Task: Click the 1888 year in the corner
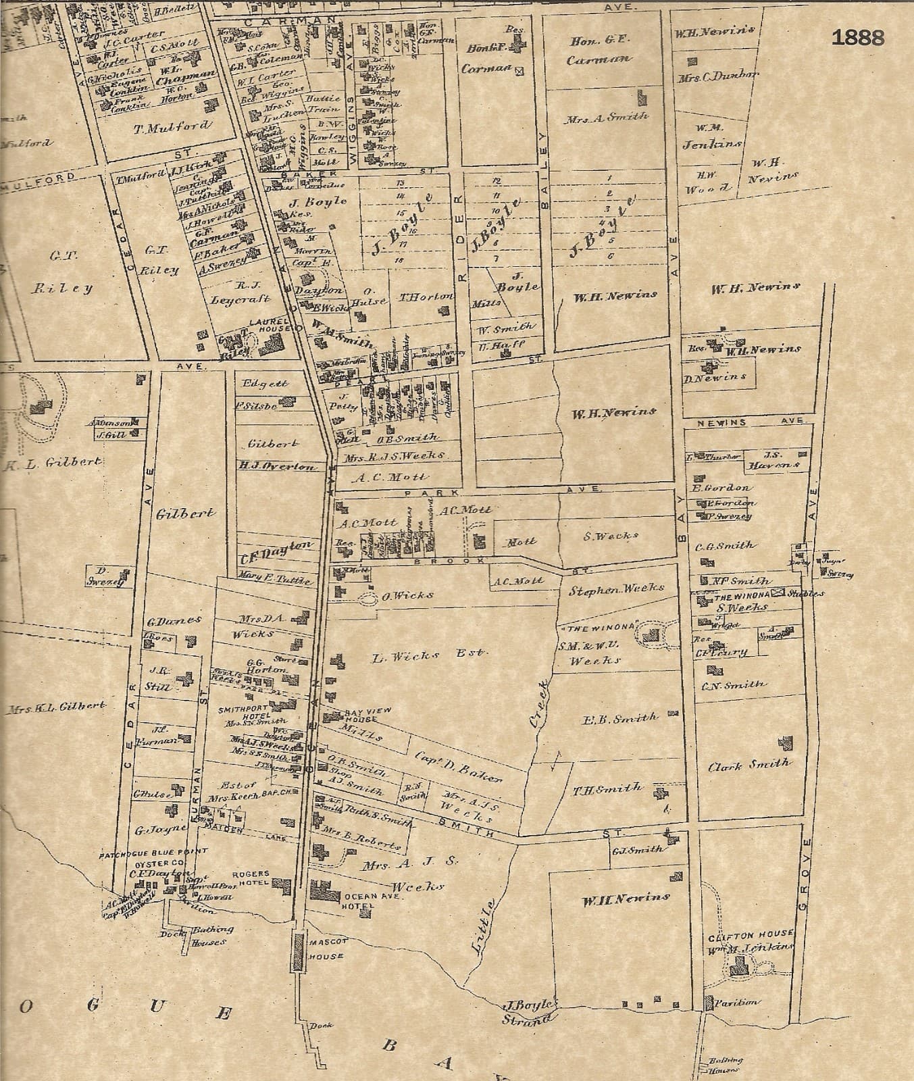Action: [x=857, y=38]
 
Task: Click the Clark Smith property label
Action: [x=748, y=765]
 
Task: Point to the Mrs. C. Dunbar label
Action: [x=717, y=76]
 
